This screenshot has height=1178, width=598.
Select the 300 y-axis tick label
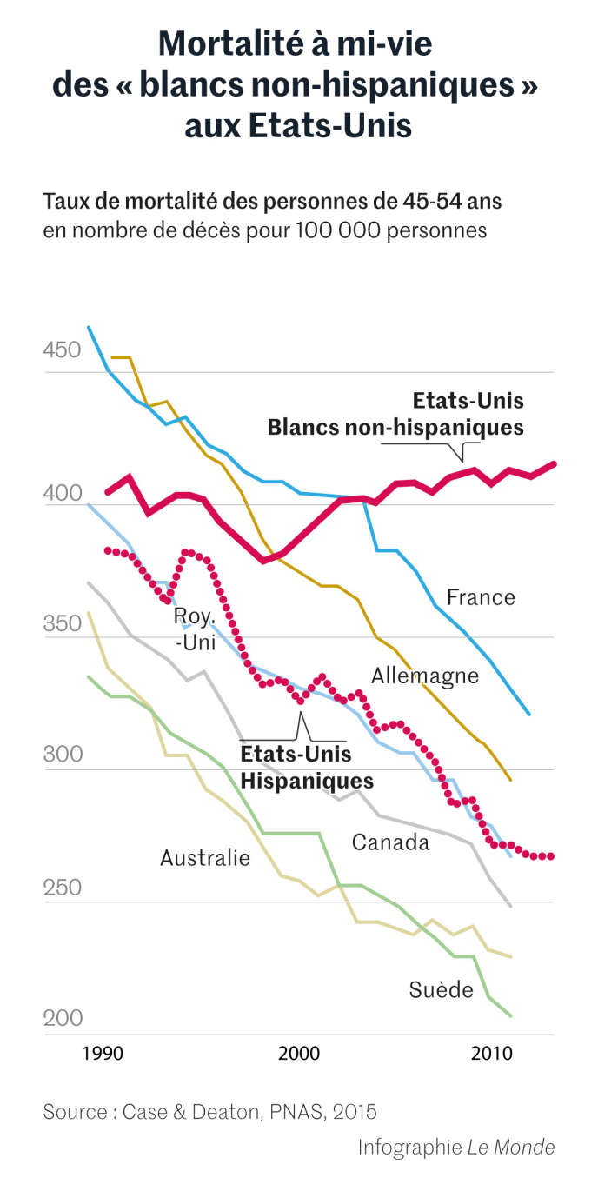tap(61, 754)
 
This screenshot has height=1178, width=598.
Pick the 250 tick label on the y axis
tap(61, 888)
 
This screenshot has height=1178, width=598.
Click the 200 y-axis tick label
tap(61, 1018)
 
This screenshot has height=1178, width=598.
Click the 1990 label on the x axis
tap(103, 1054)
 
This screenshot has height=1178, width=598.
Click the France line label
tap(481, 597)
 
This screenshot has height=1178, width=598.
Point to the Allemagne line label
tap(425, 676)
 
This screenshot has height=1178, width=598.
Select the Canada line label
tap(390, 842)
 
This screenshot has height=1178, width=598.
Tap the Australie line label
tap(205, 858)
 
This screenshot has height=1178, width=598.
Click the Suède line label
tap(441, 989)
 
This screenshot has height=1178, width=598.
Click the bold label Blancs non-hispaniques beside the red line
tap(395, 427)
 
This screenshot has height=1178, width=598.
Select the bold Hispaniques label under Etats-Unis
tap(307, 780)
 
